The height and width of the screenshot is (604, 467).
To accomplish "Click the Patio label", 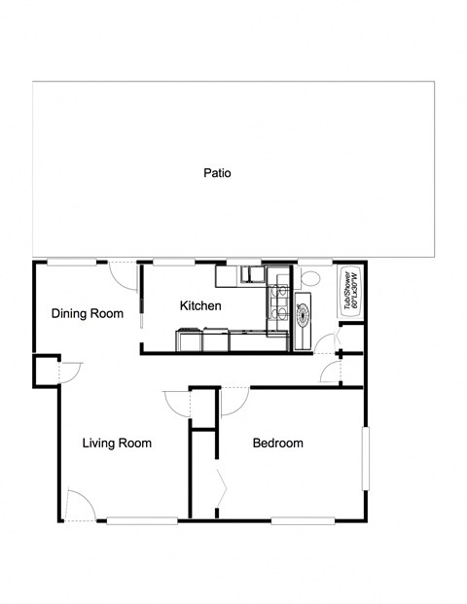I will (x=217, y=174).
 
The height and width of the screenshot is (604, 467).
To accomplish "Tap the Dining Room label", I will (x=88, y=313).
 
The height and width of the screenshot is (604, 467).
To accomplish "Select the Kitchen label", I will (x=200, y=305).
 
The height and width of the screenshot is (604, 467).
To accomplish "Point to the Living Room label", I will (x=117, y=444).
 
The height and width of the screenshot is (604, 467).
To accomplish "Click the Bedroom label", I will (x=277, y=444).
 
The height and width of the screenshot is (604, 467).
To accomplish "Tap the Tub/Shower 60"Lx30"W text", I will (x=350, y=291).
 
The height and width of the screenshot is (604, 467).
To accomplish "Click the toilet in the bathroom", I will (x=310, y=278).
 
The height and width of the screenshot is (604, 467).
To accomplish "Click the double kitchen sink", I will (x=252, y=275).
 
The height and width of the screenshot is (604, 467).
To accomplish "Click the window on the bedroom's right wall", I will (x=366, y=458).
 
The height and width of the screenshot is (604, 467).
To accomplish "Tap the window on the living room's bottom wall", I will (x=142, y=520).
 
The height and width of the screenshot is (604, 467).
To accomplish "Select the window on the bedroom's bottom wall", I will (x=303, y=520).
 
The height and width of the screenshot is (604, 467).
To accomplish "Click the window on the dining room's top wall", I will (x=71, y=263).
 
